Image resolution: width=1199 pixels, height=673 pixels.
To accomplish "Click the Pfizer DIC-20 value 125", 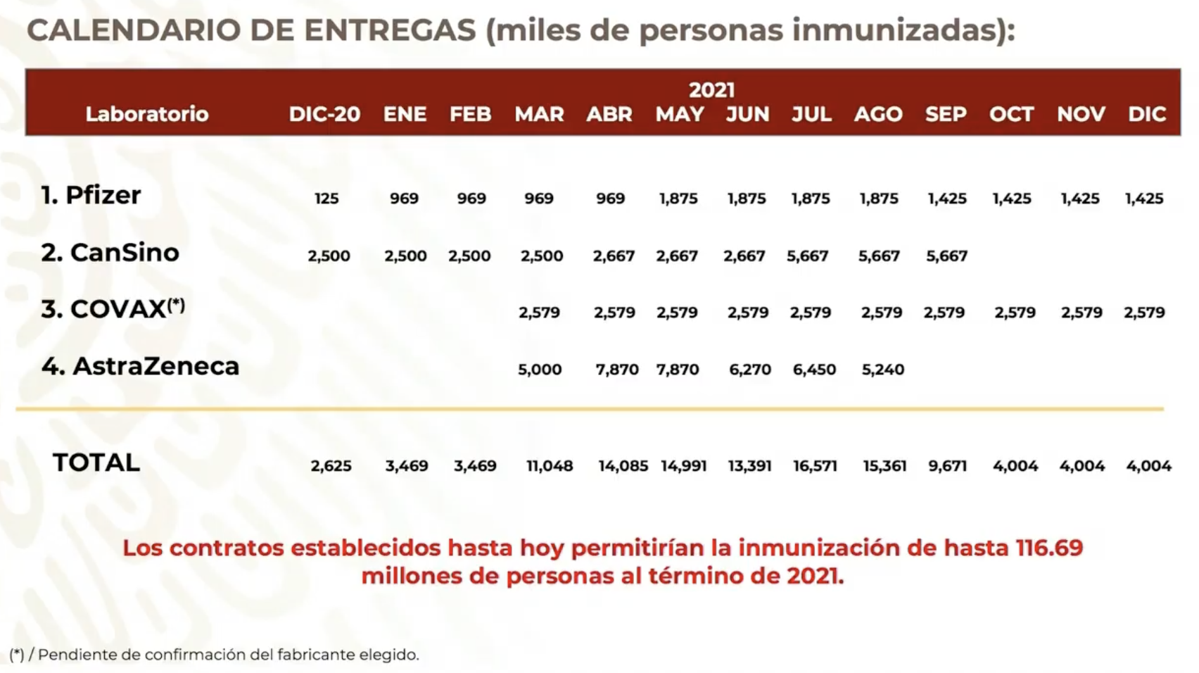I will tap(326, 199).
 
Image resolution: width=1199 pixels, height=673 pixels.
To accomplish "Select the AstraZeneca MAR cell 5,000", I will tap(540, 370).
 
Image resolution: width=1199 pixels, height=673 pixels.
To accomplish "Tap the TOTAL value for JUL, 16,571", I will tap(815, 466).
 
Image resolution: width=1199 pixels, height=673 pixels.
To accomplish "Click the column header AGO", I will tap(878, 114).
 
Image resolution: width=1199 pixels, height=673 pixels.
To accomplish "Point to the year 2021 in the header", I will tap(711, 90).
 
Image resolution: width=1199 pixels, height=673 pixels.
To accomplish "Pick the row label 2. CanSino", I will tap(110, 253).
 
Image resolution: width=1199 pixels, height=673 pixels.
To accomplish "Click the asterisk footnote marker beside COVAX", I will tap(177, 304).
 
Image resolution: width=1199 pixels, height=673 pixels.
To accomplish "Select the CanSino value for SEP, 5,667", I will tap(947, 256).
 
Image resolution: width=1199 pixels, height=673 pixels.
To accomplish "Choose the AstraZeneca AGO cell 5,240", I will tap(883, 370).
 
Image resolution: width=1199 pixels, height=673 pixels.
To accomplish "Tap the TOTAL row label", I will tap(96, 463).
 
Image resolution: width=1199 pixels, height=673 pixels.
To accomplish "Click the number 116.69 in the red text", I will tap(1049, 548).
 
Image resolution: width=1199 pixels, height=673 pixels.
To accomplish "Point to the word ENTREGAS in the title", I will tap(390, 30).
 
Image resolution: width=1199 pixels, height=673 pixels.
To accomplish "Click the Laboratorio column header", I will tap(147, 114).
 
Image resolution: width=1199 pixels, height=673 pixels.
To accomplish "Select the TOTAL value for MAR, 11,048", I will tap(550, 466).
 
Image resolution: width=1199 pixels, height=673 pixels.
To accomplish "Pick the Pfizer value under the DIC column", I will tap(1144, 199).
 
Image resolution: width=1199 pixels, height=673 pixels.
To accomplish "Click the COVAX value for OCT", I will tap(1015, 313).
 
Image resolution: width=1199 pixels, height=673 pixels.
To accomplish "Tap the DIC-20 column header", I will tap(324, 114).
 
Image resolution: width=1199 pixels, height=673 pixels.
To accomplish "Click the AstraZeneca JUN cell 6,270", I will tap(750, 370).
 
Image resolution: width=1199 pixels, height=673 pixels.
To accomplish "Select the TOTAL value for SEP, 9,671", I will tap(948, 466).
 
